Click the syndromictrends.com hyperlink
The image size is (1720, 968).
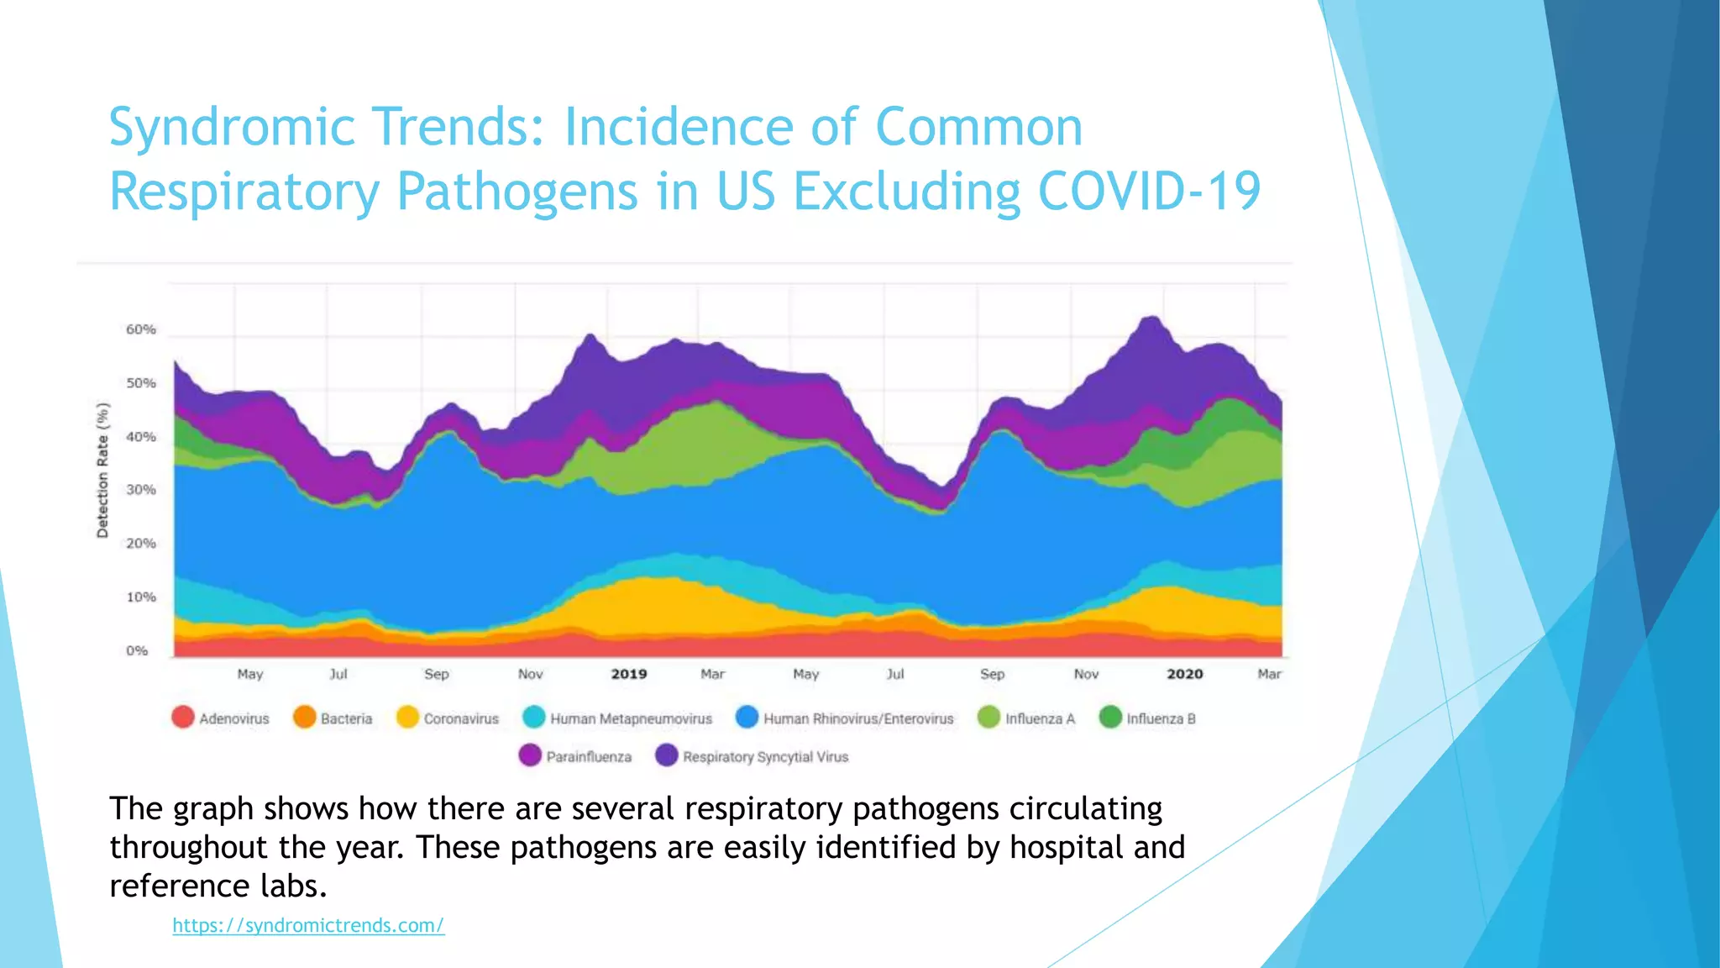click(308, 925)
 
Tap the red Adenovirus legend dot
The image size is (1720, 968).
click(183, 718)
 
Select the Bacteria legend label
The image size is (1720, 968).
click(346, 718)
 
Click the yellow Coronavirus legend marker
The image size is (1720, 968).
click(407, 718)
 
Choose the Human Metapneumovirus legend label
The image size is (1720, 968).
click(631, 718)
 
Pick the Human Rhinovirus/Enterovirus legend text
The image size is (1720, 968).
click(858, 718)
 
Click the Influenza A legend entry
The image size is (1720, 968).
click(1040, 718)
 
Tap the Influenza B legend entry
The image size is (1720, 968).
click(1161, 718)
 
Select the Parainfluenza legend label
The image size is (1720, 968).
click(589, 756)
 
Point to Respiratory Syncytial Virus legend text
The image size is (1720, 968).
click(765, 756)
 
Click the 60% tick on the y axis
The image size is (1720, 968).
click(141, 329)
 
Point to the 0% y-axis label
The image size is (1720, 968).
click(137, 650)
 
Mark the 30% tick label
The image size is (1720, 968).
click(141, 490)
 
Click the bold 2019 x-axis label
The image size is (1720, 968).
click(629, 674)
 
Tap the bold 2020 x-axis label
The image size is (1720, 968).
click(1185, 674)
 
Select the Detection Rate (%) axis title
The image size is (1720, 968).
click(102, 471)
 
